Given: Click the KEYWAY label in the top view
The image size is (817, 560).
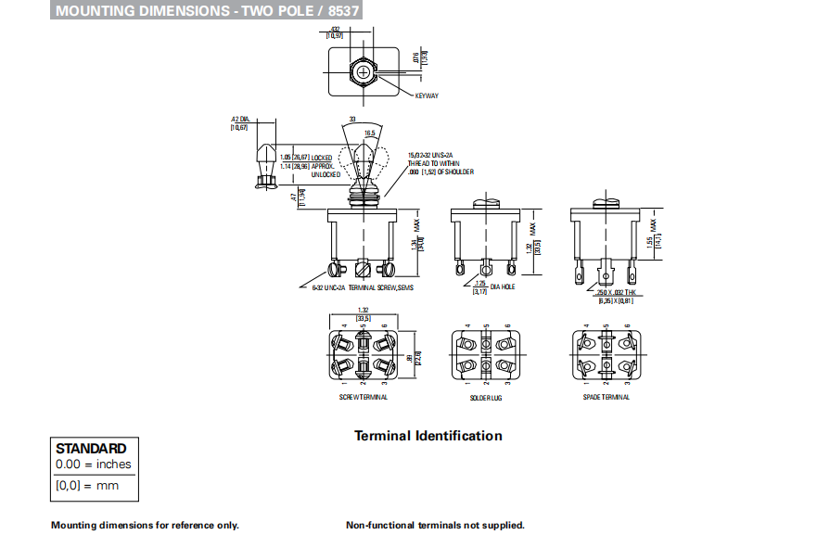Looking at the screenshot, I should (x=426, y=96).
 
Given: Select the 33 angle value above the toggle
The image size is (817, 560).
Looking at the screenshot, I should (x=352, y=119).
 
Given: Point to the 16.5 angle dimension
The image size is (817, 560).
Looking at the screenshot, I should (x=369, y=134).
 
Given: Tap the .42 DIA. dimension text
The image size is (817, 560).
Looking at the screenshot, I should (x=240, y=120).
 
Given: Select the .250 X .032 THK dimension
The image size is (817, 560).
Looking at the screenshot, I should (x=616, y=292).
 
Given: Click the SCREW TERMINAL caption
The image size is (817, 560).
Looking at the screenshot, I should (x=363, y=397).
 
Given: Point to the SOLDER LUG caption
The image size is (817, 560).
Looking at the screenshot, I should (x=486, y=398).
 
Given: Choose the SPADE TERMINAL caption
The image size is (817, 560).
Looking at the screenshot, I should (x=607, y=397).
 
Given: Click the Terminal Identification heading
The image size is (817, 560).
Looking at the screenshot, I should (x=428, y=436).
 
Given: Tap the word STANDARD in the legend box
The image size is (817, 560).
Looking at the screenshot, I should (x=91, y=448).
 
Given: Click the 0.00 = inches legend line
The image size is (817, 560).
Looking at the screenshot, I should (x=94, y=465).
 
